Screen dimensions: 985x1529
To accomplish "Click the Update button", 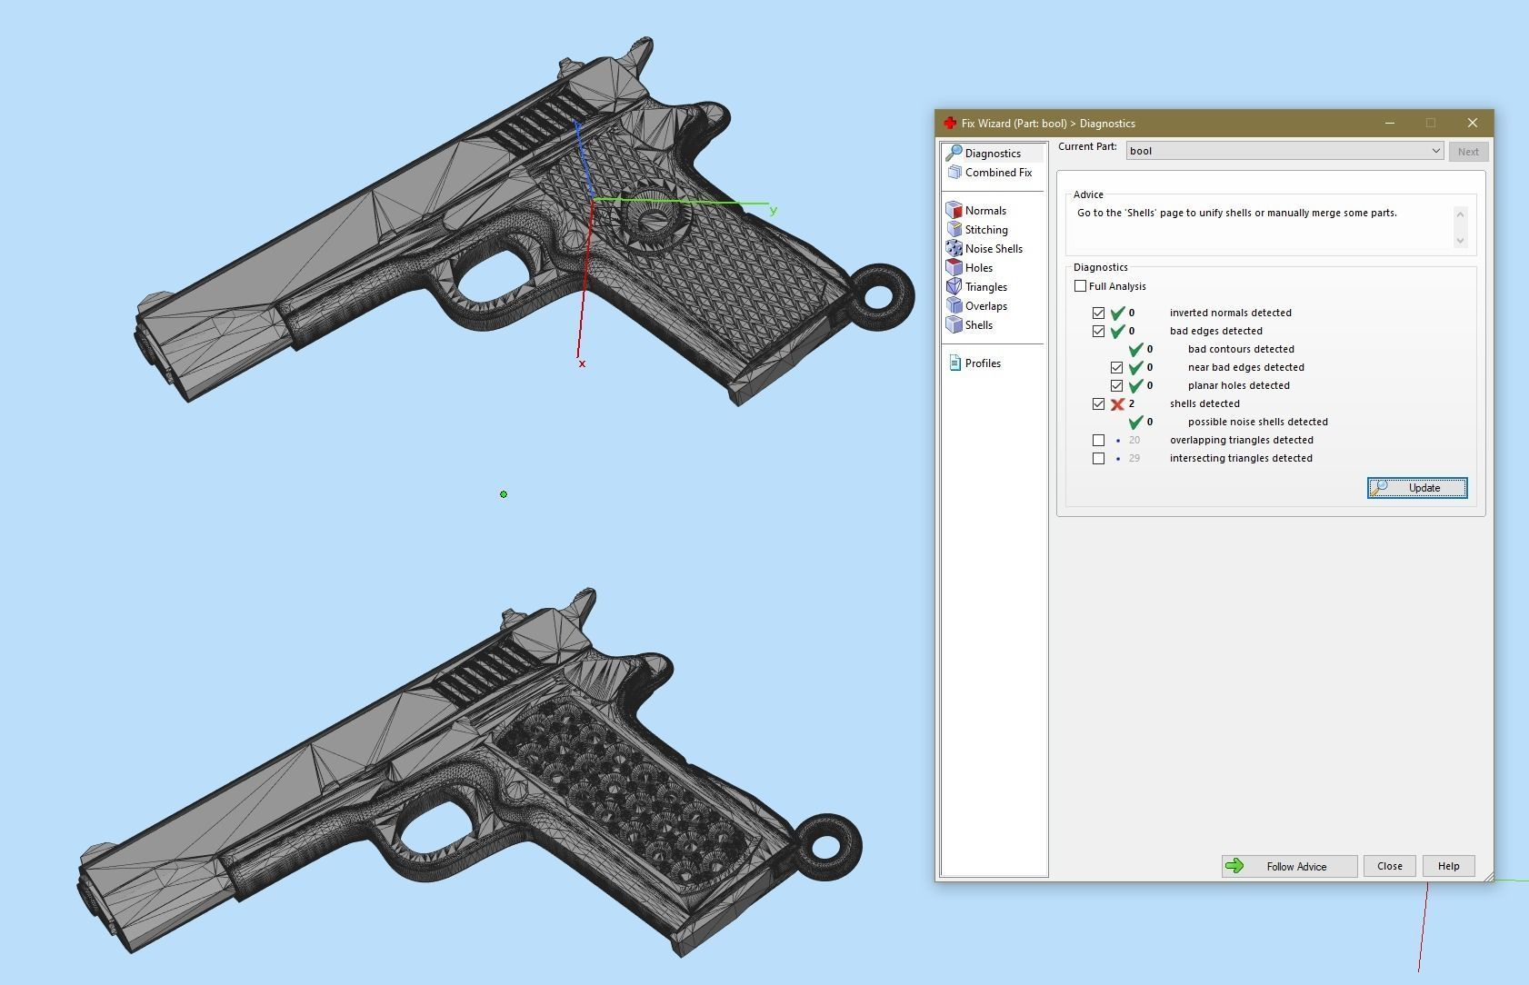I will click(x=1416, y=488).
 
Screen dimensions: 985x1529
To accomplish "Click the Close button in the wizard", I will click(x=1389, y=866).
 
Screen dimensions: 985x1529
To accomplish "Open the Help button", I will click(x=1448, y=866).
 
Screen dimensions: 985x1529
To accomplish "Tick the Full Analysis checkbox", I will click(x=1081, y=286).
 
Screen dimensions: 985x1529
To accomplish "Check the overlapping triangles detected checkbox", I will click(x=1099, y=440).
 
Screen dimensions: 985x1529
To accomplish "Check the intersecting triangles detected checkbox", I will click(x=1099, y=458).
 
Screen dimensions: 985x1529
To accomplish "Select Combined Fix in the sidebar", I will click(x=997, y=173).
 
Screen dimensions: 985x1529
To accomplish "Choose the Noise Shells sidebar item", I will click(x=993, y=249).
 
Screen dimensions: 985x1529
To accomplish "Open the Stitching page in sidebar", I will click(x=985, y=230).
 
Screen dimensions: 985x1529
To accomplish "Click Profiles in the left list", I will click(x=982, y=363).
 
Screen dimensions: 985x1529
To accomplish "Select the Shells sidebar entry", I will click(x=978, y=325).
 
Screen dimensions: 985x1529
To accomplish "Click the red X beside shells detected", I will click(x=1117, y=404).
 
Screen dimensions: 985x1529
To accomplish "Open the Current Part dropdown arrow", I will click(x=1435, y=151).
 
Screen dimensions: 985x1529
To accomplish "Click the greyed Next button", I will click(x=1467, y=152).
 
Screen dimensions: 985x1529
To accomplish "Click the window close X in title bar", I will click(x=1473, y=123).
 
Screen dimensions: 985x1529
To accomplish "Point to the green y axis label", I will click(x=774, y=211).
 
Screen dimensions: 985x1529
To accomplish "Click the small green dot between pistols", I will click(x=504, y=494).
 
